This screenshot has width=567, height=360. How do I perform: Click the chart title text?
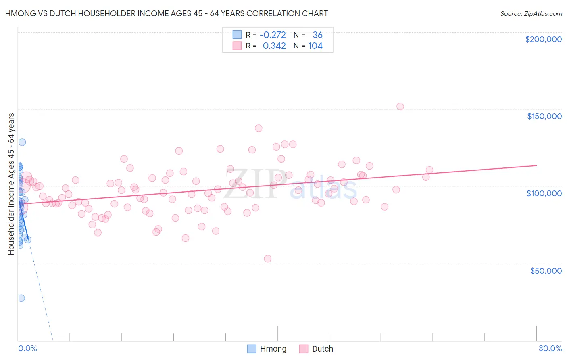point(166,13)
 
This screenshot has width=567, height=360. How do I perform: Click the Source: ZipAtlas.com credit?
point(531,13)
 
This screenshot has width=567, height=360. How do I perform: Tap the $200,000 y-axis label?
point(543,39)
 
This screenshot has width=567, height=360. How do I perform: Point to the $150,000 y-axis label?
point(544,116)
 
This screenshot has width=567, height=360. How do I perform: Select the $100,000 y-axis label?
point(544,193)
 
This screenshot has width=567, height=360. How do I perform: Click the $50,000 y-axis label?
point(546,271)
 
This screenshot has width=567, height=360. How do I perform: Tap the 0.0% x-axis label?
point(27,348)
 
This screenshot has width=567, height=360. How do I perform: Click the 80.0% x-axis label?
point(550,348)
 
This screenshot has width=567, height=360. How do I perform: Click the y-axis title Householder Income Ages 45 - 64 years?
point(11,184)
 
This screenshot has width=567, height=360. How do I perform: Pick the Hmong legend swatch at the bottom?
point(252,349)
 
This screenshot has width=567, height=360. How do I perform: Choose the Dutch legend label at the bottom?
point(323,349)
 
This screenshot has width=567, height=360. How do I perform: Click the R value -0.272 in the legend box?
point(273,35)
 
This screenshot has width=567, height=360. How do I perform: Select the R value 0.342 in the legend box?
point(274,46)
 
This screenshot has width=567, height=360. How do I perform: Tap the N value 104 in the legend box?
point(315,46)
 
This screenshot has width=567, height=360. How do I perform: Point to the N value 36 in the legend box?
point(317,35)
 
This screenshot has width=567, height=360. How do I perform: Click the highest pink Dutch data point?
point(400,107)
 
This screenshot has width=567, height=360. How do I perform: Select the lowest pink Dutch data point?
point(267,259)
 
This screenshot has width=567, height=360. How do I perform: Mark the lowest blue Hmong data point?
point(21,298)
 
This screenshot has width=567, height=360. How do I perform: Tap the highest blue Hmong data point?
point(22,142)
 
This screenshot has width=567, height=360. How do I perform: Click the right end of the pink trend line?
point(536,165)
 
